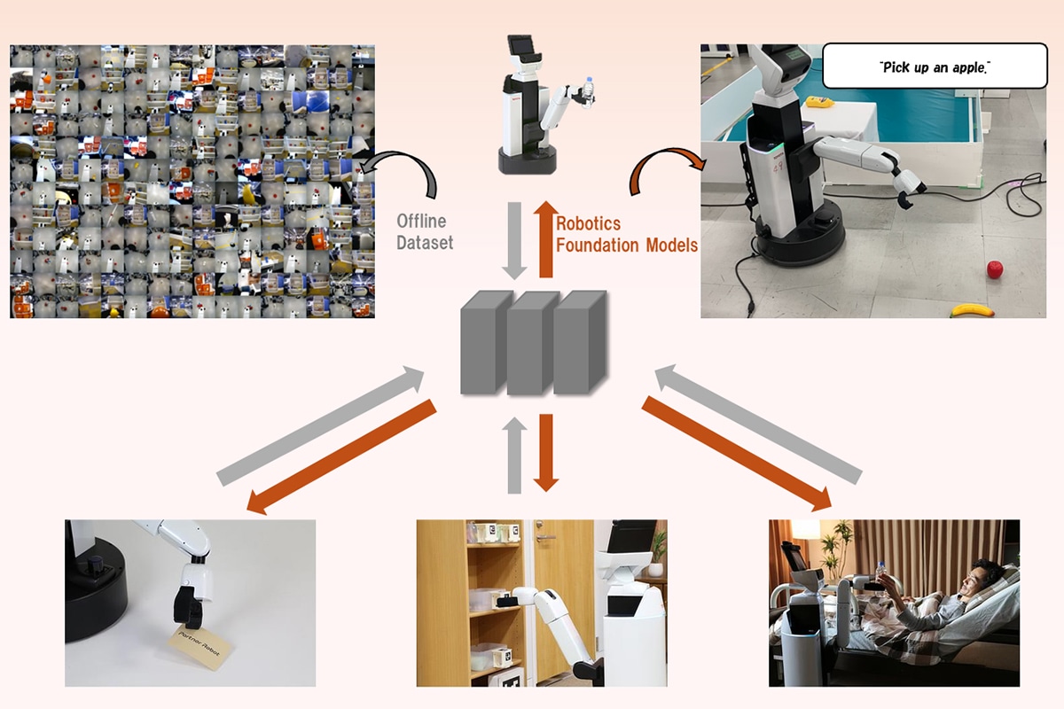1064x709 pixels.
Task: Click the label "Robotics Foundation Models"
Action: [626, 234]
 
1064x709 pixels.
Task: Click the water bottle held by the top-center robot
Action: [587, 89]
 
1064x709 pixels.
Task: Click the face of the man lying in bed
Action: [982, 573]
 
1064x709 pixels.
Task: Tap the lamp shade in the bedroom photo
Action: [806, 529]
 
